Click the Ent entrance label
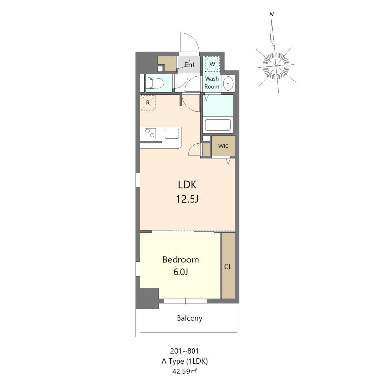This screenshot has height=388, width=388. point(190,65)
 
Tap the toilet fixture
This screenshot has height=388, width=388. point(156,83)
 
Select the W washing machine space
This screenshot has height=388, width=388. point(212,64)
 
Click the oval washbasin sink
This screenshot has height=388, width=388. point(228,83)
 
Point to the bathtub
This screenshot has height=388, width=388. point(218,125)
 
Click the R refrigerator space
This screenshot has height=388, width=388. point(148,102)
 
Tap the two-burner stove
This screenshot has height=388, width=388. point(150,134)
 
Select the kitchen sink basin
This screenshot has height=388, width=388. point(172,134)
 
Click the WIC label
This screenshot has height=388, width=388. point(223,146)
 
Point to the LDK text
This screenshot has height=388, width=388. point(187,185)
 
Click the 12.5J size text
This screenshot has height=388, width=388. point(187,199)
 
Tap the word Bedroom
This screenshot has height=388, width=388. point(180,259)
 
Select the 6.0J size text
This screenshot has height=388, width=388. point(180,272)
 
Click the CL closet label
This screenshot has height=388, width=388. point(228,266)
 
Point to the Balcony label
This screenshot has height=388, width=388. point(190,318)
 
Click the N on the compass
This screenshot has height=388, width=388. point(272,15)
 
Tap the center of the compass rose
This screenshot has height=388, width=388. point(275,66)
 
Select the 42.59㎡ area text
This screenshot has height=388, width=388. point(185,371)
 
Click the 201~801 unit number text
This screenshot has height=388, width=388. point(185,351)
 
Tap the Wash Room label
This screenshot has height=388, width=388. point(212,82)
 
